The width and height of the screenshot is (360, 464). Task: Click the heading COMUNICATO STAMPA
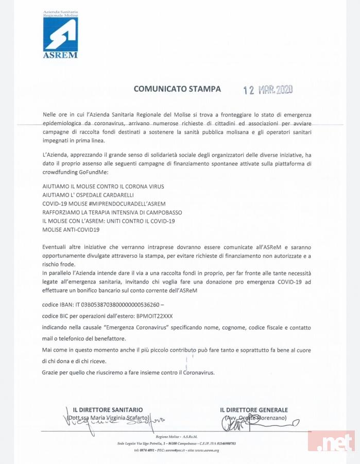(177, 89)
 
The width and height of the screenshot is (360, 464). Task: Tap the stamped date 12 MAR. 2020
(268, 90)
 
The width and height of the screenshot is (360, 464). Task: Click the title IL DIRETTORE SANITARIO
(108, 410)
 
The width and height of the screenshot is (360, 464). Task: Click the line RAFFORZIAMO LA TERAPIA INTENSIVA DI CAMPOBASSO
(112, 212)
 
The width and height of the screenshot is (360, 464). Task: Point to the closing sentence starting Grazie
(128, 372)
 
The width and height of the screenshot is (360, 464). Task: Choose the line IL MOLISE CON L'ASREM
(109, 221)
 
